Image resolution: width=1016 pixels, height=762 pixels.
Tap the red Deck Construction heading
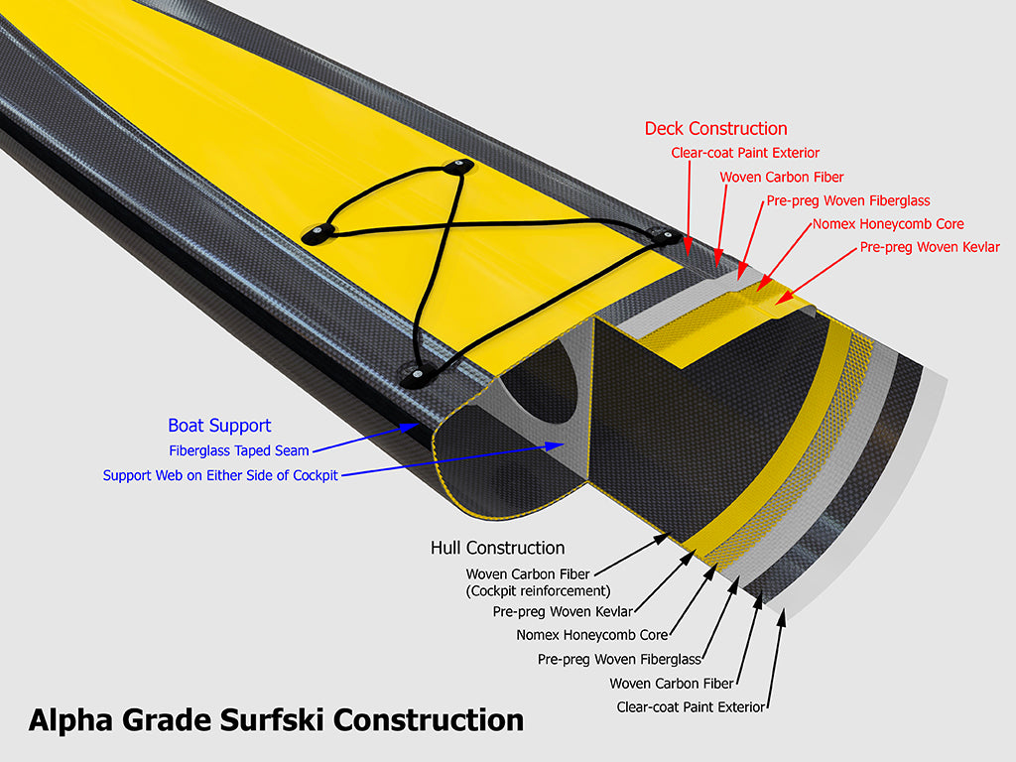[715, 129]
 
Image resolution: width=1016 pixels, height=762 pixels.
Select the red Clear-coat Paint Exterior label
[745, 153]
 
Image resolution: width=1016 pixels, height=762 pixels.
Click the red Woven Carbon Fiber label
[781, 177]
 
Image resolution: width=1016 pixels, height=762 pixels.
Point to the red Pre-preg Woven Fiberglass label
[847, 200]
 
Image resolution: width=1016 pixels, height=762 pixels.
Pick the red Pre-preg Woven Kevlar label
[930, 247]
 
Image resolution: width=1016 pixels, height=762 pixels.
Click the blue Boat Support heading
[219, 426]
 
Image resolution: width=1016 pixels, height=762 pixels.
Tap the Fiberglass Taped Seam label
[239, 450]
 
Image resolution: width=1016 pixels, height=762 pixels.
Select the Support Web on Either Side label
[220, 475]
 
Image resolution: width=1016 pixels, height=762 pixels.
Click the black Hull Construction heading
[497, 548]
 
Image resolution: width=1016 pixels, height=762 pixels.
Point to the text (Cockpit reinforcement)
[537, 591]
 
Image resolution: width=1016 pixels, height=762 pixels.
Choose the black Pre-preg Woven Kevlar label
[563, 611]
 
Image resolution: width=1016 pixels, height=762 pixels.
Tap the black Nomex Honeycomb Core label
[591, 635]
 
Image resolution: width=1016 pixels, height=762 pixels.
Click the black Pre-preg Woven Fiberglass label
[619, 659]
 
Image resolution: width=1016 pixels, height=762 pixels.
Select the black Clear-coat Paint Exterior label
[691, 706]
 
